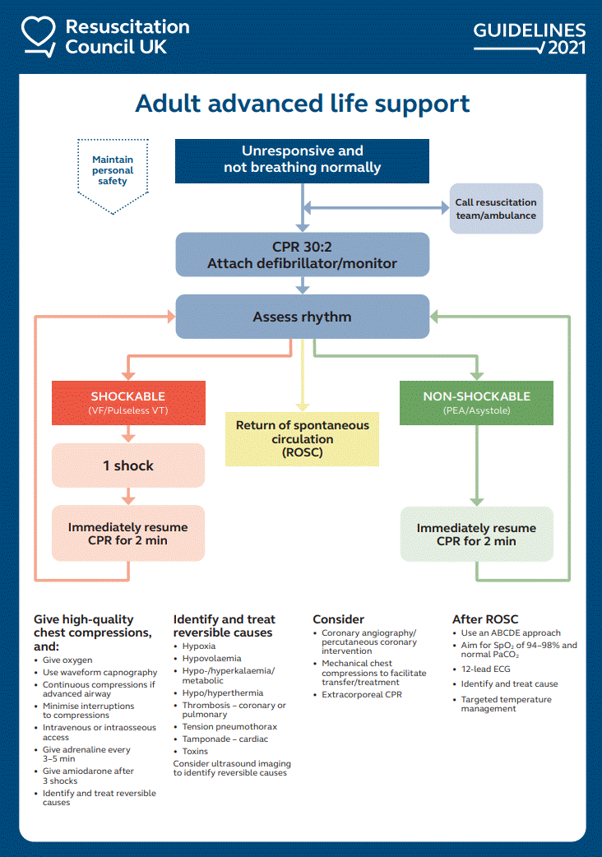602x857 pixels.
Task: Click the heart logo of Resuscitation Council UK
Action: tap(37, 38)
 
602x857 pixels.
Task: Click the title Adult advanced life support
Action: tap(302, 104)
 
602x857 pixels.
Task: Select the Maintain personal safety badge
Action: tap(113, 170)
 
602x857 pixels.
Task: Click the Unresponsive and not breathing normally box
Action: tap(302, 160)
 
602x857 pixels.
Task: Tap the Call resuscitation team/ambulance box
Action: tap(495, 209)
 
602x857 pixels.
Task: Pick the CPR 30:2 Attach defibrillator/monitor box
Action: tap(302, 255)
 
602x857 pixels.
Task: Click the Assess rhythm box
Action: tap(302, 317)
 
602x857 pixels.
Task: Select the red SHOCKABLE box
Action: tap(127, 402)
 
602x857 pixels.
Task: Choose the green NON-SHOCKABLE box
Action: tap(476, 402)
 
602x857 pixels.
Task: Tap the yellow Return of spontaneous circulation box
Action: tap(302, 439)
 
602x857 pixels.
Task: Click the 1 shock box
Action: tap(127, 466)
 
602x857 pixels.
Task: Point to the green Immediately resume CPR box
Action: tap(476, 535)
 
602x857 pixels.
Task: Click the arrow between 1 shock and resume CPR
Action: tap(128, 496)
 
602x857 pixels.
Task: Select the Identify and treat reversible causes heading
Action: tap(224, 626)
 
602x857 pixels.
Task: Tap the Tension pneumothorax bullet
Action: tap(229, 727)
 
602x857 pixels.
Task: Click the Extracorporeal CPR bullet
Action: tap(363, 695)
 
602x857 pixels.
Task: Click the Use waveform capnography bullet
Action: tap(100, 673)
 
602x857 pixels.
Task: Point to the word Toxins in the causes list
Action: tap(195, 751)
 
